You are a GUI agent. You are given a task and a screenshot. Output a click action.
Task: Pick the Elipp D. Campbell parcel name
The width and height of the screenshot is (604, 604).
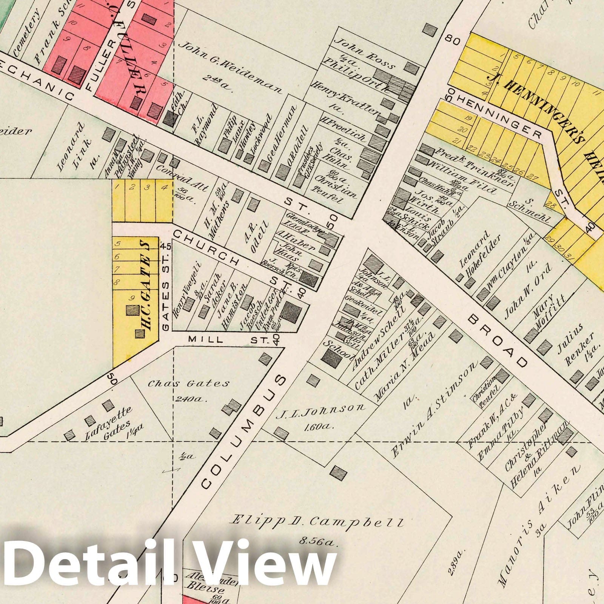point(317,523)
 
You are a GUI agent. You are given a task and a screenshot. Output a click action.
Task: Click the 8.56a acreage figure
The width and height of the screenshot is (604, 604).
point(317,543)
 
